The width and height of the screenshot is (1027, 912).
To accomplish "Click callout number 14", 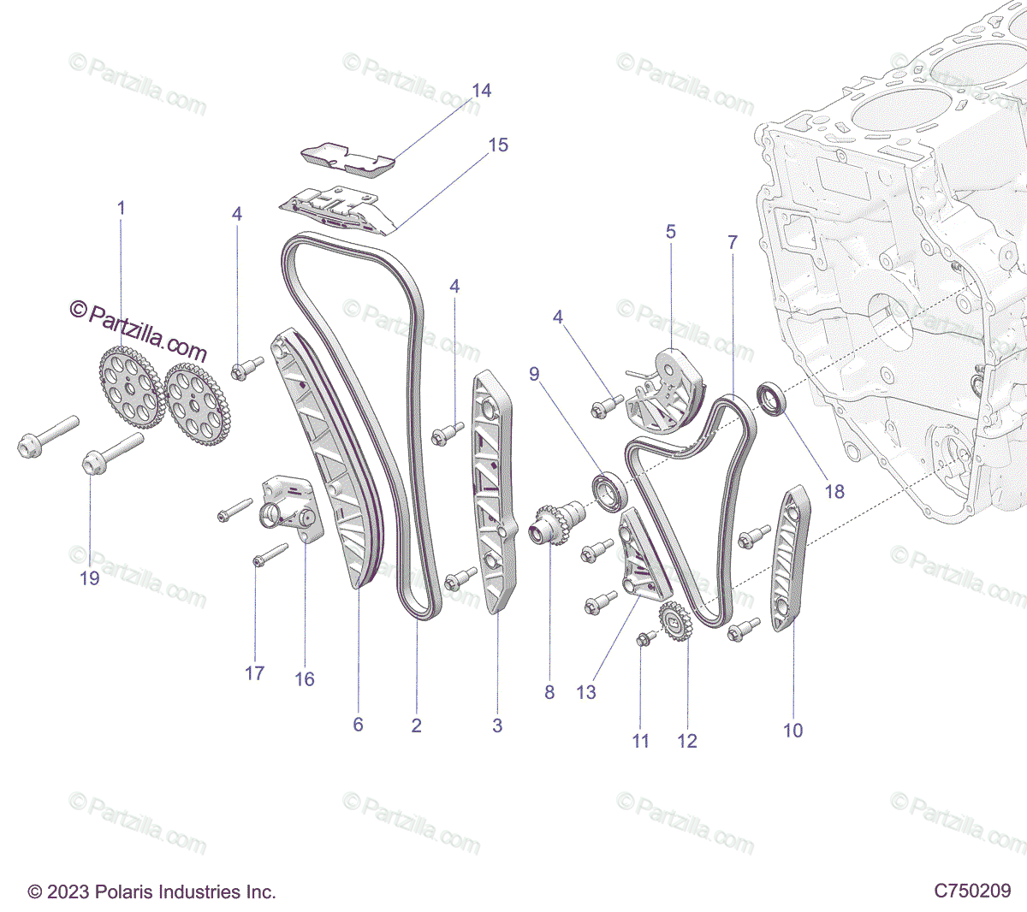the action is pyautogui.click(x=481, y=91).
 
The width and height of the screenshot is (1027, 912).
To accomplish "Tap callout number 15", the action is pyautogui.click(x=498, y=145).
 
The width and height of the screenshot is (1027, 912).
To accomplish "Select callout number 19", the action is pyautogui.click(x=90, y=578).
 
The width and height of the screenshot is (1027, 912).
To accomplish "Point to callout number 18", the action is pyautogui.click(x=834, y=491).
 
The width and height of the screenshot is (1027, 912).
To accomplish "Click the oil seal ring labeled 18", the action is pyautogui.click(x=773, y=400).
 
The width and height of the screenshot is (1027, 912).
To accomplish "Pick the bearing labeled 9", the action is pyautogui.click(x=610, y=491).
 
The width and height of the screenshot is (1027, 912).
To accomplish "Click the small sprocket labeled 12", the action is pyautogui.click(x=676, y=621).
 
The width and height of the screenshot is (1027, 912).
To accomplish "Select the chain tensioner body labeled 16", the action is pyautogui.click(x=292, y=509).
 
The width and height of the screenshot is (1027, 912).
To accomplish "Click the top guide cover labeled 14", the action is pyautogui.click(x=348, y=161).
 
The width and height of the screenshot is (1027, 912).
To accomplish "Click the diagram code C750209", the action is pyautogui.click(x=972, y=891).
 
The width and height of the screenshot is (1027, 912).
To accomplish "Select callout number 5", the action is pyautogui.click(x=671, y=232).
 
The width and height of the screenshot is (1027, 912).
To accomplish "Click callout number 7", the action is pyautogui.click(x=733, y=242).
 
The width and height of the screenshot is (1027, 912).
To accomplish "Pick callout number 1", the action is pyautogui.click(x=122, y=208).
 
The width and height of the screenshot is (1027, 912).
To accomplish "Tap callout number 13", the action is pyautogui.click(x=586, y=691).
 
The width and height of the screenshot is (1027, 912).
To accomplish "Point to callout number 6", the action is pyautogui.click(x=358, y=724).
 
